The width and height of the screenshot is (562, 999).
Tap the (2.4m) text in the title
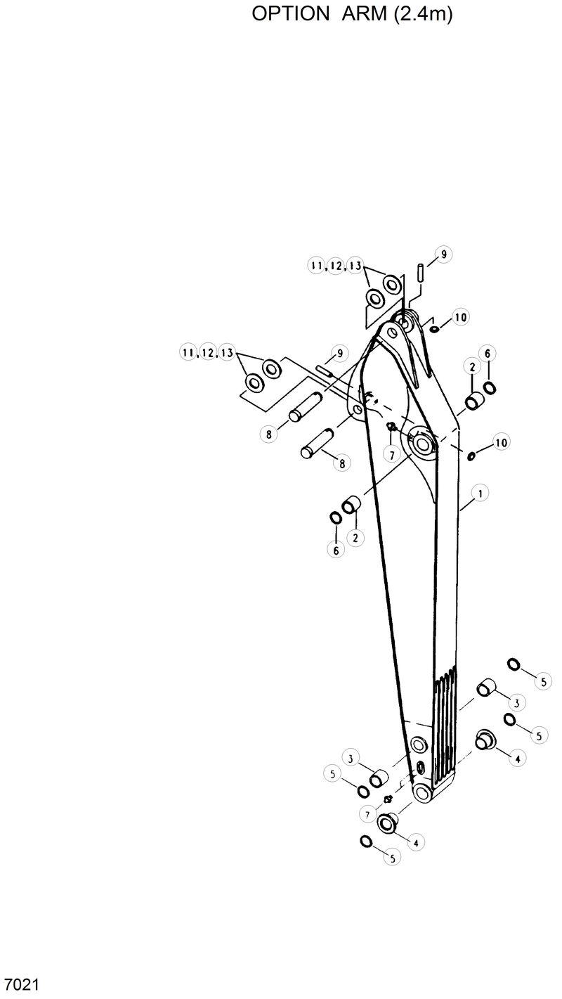422,15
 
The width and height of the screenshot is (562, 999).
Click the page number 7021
21,984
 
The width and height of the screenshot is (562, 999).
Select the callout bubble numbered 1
481,494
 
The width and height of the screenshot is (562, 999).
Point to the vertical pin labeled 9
419,271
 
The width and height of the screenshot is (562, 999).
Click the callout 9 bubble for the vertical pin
444,254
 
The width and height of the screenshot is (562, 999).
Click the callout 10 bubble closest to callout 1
501,442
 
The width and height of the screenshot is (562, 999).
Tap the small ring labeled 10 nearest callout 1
471,456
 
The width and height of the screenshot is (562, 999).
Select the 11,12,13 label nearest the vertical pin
336,266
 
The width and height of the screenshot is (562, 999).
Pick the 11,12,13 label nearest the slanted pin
207,354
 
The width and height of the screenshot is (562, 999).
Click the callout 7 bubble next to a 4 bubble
367,814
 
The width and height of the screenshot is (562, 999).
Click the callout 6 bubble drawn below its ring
336,551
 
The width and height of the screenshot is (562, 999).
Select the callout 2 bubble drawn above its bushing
471,367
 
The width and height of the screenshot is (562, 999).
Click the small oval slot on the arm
420,767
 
